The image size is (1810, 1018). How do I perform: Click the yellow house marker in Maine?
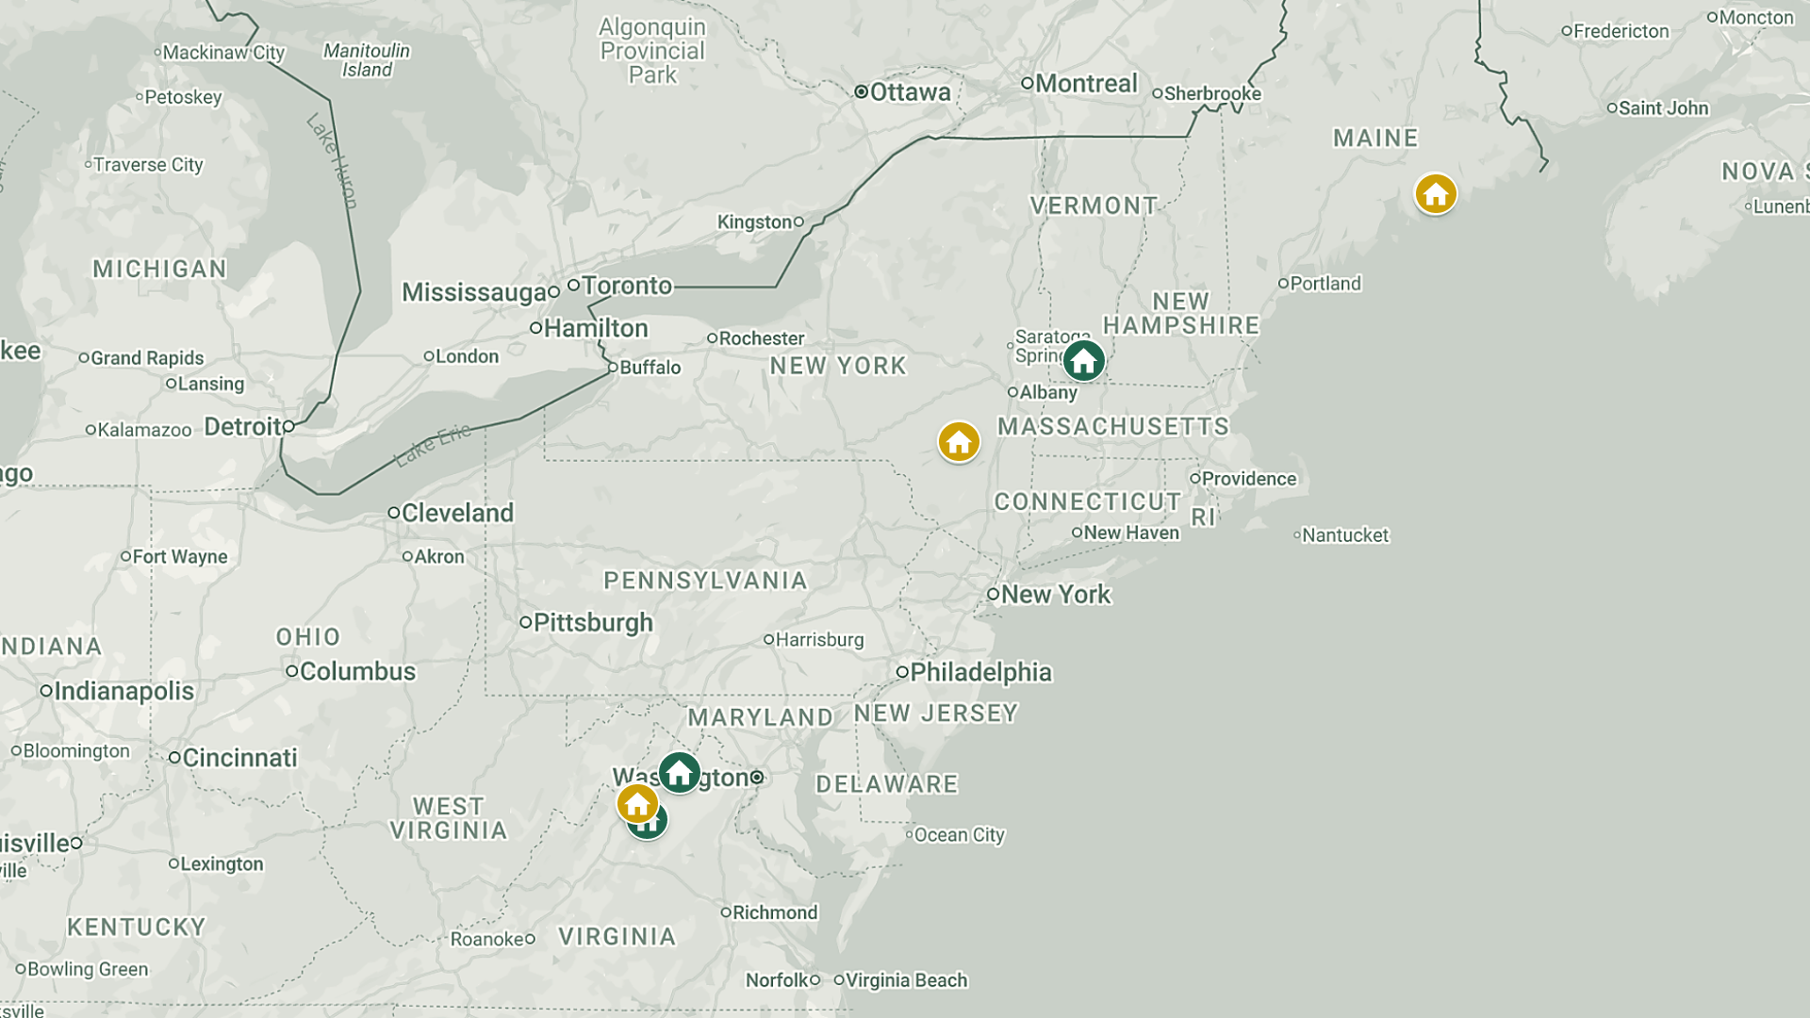pyautogui.click(x=1435, y=194)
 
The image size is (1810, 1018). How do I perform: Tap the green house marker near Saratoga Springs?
pyautogui.click(x=1083, y=360)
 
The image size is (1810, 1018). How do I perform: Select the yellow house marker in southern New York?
pyautogui.click(x=959, y=442)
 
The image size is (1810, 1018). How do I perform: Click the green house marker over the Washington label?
pyautogui.click(x=679, y=773)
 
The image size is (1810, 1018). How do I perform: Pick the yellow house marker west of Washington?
pyautogui.click(x=637, y=804)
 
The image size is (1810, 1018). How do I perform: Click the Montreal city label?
pyautogui.click(x=1085, y=84)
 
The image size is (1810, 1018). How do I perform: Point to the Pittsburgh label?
pyautogui.click(x=592, y=623)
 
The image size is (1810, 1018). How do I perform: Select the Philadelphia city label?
pyautogui.click(x=979, y=672)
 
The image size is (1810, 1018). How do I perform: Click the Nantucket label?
pyautogui.click(x=1344, y=535)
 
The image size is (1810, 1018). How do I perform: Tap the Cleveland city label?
pyautogui.click(x=457, y=513)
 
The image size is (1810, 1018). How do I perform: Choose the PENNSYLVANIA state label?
pyautogui.click(x=705, y=581)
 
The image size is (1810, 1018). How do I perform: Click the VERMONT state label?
pyautogui.click(x=1094, y=205)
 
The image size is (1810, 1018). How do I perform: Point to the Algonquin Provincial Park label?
pyautogui.click(x=652, y=51)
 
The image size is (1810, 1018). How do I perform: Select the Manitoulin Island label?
pyautogui.click(x=367, y=60)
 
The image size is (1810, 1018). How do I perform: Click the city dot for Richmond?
pyautogui.click(x=726, y=911)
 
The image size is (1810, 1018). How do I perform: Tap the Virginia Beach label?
pyautogui.click(x=905, y=980)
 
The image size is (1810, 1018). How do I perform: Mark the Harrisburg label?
pyautogui.click(x=818, y=640)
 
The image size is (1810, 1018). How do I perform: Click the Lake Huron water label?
pyautogui.click(x=333, y=160)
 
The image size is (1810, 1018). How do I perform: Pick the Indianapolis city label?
pyautogui.click(x=123, y=691)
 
